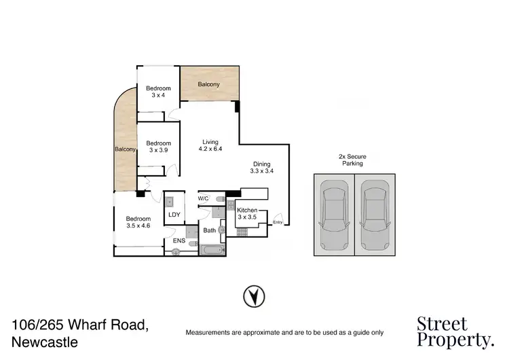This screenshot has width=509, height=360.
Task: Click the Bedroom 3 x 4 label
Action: point(158,92)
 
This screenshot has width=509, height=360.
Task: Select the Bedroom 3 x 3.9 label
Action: point(158,146)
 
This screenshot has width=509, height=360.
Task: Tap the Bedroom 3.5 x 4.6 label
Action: point(137,222)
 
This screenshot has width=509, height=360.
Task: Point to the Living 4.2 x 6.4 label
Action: point(210,145)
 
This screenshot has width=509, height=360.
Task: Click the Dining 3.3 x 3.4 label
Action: point(261,168)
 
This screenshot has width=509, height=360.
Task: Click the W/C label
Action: point(203,198)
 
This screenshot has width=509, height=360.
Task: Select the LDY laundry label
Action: point(174,215)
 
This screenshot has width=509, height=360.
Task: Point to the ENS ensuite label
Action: point(180,240)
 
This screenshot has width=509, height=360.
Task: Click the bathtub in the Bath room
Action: point(211,249)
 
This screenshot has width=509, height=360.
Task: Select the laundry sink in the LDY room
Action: point(170,201)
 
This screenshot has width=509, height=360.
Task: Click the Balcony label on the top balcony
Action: point(209,84)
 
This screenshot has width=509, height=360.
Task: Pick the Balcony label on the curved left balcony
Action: point(124,149)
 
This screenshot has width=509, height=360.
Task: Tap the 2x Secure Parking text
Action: point(353,160)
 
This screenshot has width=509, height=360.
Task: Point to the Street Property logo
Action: point(455,331)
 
